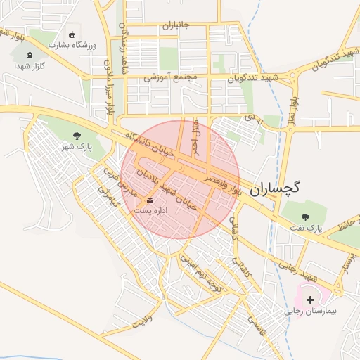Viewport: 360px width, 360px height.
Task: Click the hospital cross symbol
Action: click(310, 300)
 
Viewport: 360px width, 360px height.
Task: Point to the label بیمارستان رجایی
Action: click(311, 310)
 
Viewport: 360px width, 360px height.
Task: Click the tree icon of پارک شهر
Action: click(77, 135)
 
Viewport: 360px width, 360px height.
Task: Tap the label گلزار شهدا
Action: click(30, 65)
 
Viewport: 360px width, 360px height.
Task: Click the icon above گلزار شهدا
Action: click(30, 55)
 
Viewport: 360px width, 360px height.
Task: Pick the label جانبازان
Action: click(176, 26)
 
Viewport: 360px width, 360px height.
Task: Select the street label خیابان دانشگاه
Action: click(148, 146)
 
